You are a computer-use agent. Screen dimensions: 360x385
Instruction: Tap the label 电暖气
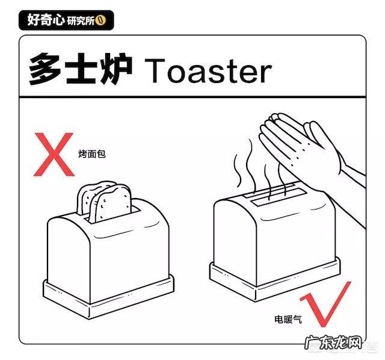[x=288, y=318]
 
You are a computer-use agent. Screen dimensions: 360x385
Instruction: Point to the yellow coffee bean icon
[x=100, y=19]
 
